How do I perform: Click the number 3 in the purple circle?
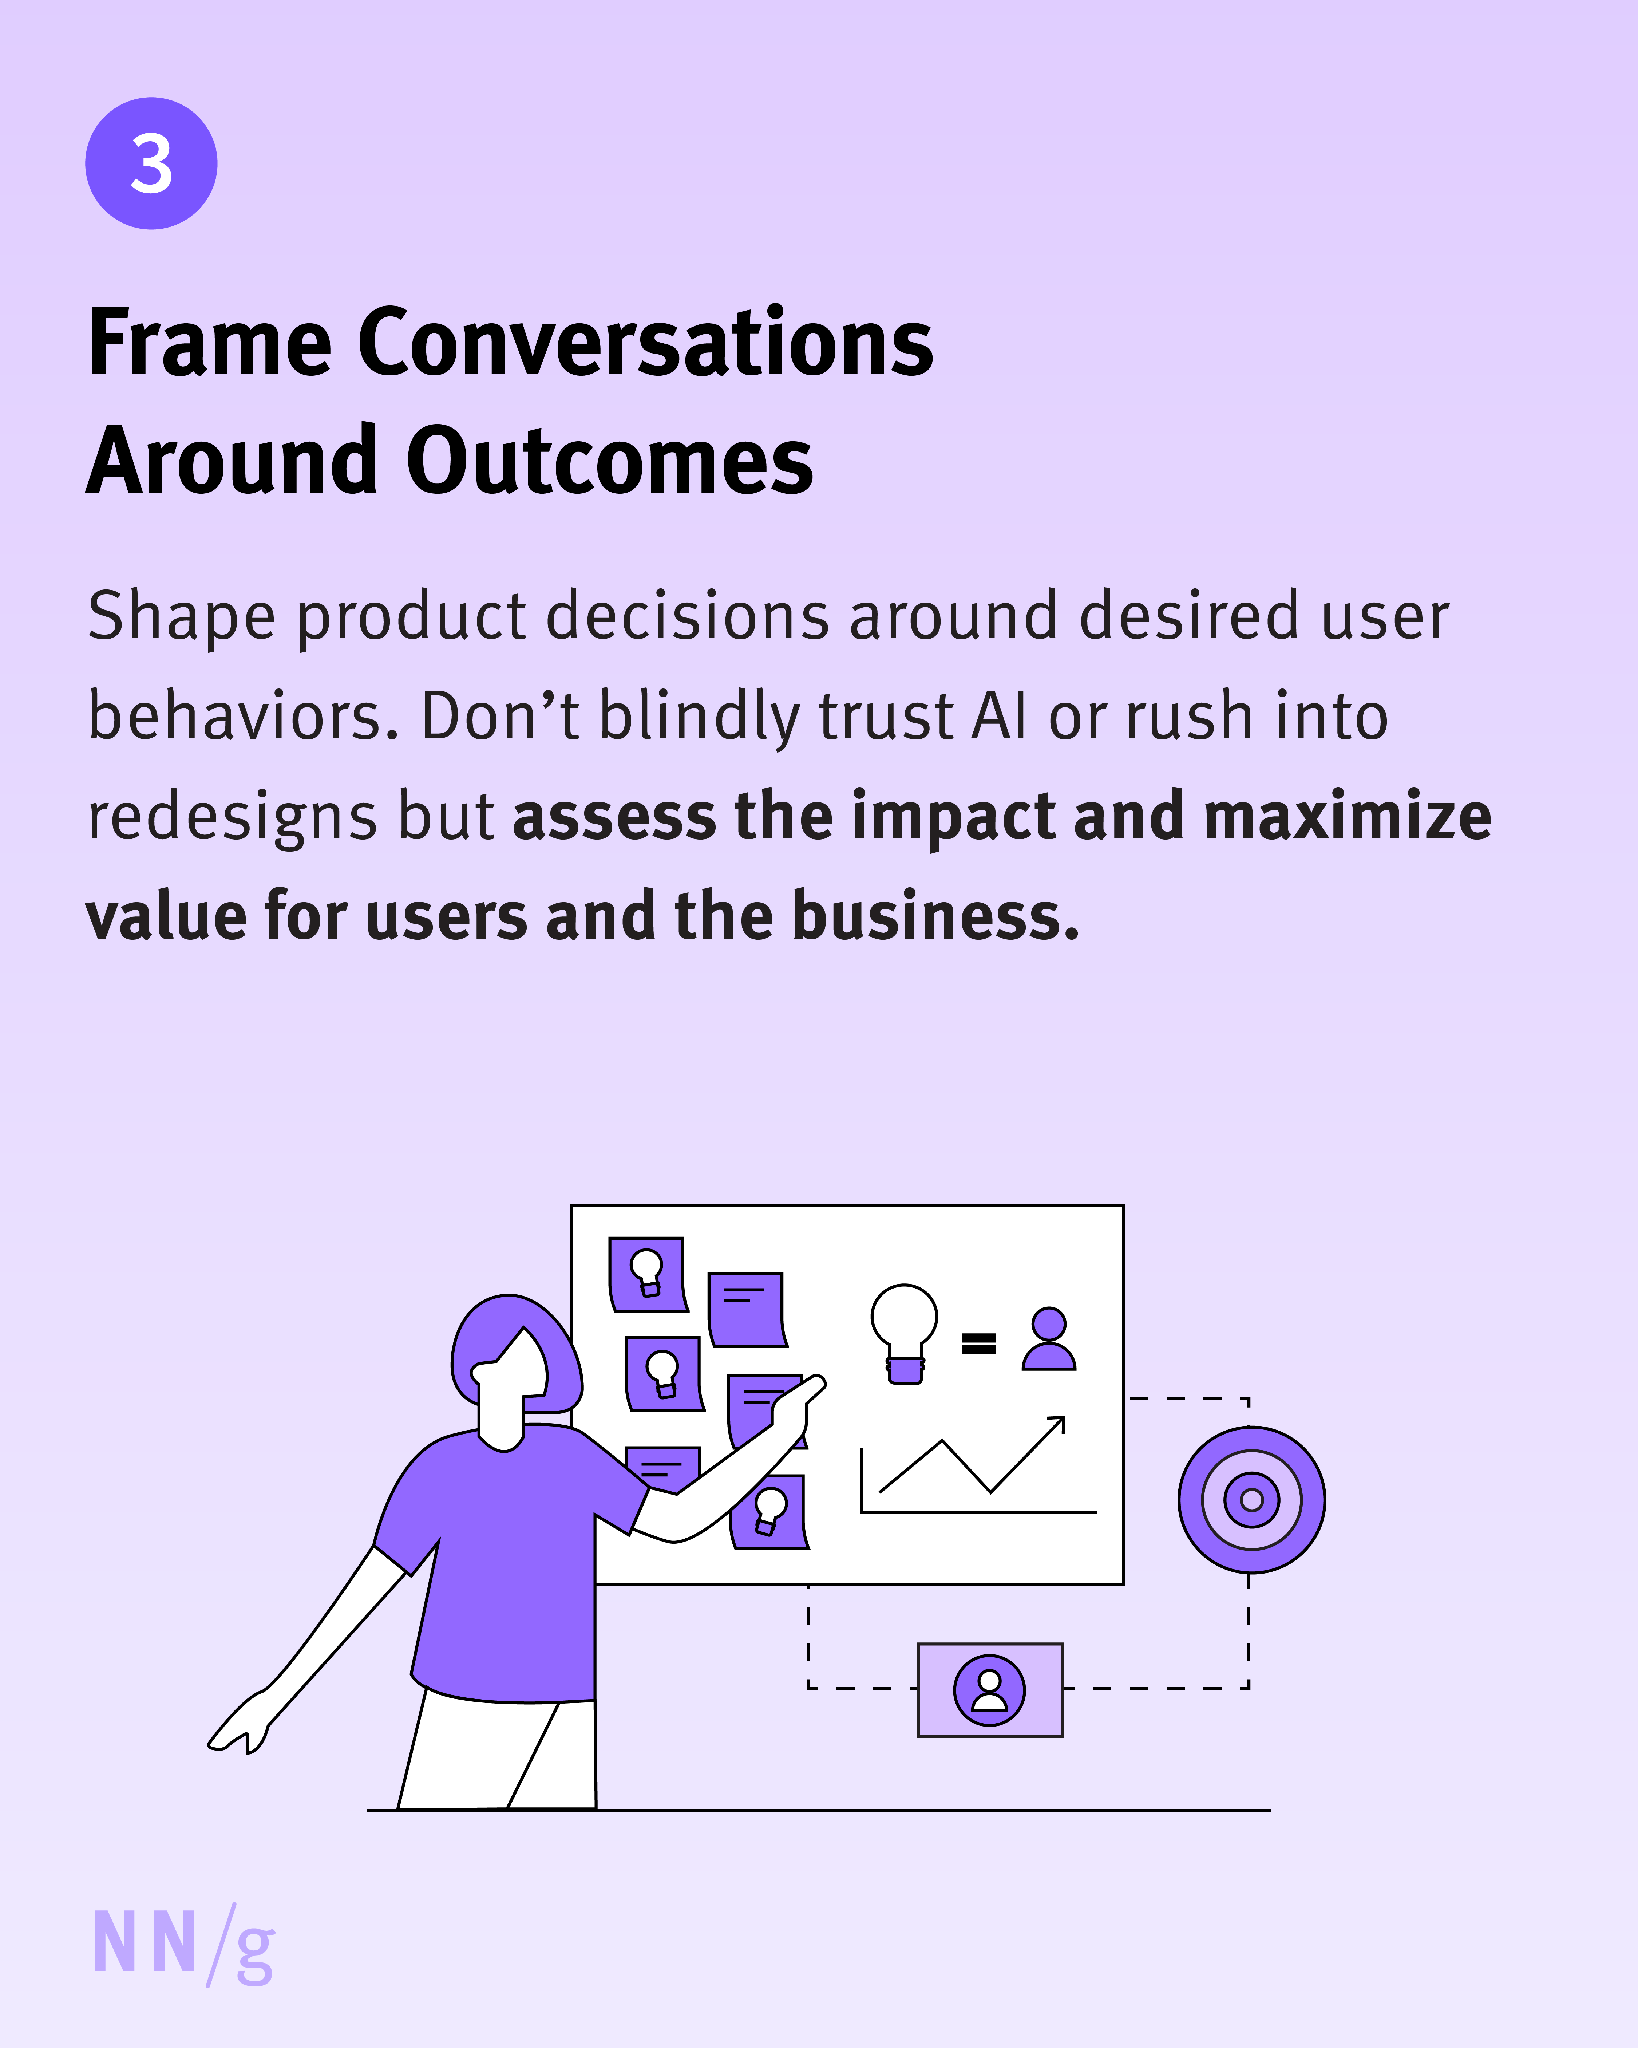pyautogui.click(x=151, y=163)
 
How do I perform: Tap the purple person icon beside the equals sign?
pyautogui.click(x=1048, y=1339)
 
